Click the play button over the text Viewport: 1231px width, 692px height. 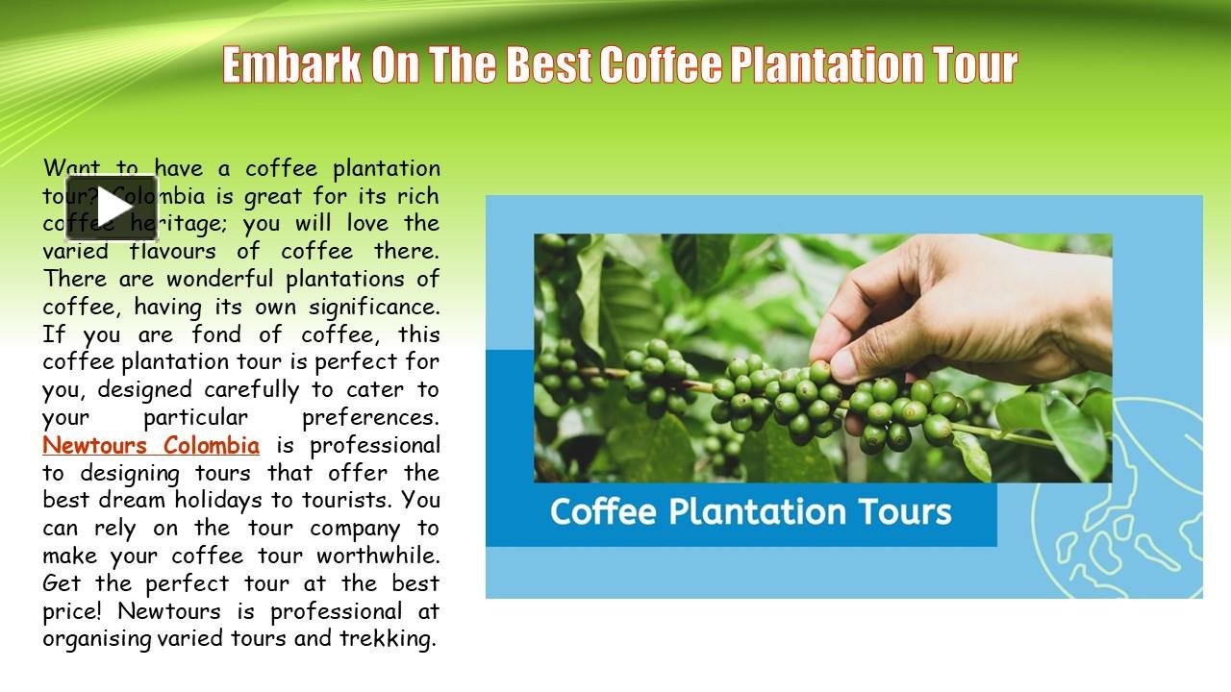[112, 208]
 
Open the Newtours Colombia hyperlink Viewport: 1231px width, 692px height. [151, 446]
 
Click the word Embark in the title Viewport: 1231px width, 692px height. [292, 65]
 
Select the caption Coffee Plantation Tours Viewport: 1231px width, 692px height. [750, 511]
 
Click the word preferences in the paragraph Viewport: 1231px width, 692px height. [370, 418]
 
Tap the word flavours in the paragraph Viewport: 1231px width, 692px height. [178, 252]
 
